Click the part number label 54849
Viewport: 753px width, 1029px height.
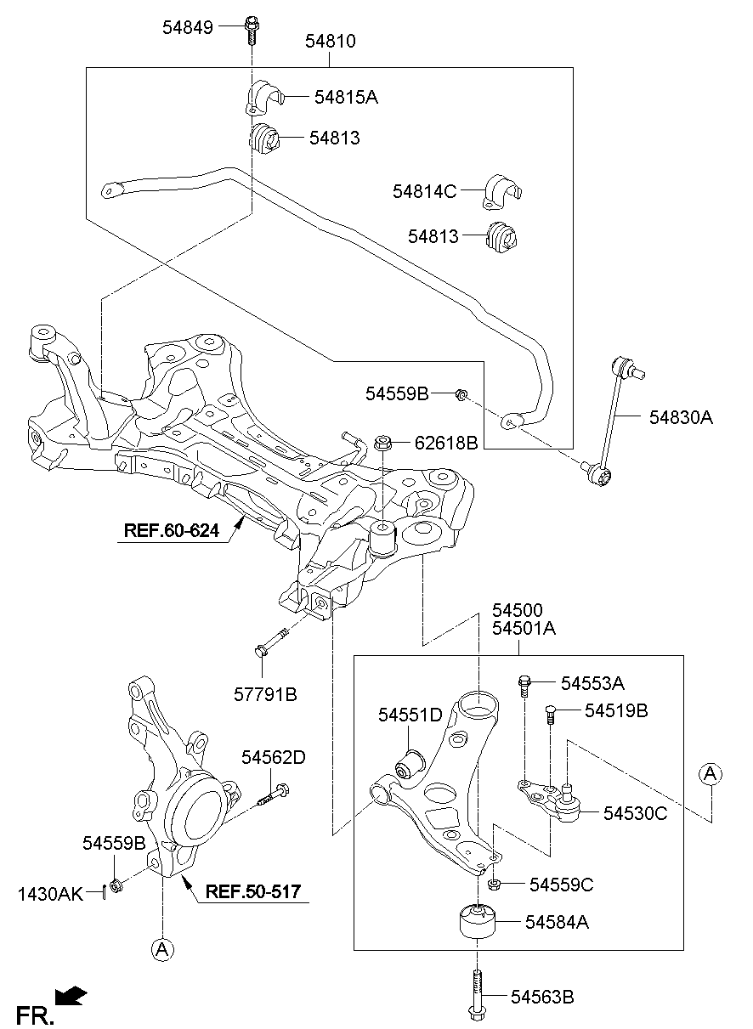[x=188, y=27]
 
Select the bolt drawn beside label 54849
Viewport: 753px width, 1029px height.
[x=252, y=29]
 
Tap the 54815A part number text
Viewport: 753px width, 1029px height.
[x=345, y=98]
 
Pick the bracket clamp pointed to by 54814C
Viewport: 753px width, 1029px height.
[x=503, y=192]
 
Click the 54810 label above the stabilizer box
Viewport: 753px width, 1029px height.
[x=330, y=41]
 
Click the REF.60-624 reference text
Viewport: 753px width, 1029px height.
[x=171, y=531]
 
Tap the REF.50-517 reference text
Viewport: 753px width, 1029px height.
[x=254, y=892]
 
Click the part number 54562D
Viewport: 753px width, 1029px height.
[x=273, y=755]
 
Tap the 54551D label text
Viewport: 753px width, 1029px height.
[x=410, y=716]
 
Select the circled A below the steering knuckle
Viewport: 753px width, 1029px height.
[x=161, y=949]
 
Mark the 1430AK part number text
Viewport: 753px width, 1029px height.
[x=50, y=893]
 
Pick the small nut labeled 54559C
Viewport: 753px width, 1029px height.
[x=496, y=885]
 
